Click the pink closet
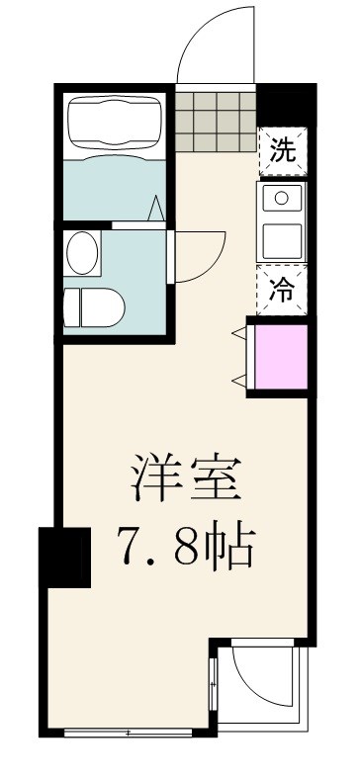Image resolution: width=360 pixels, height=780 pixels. pyautogui.click(x=280, y=356)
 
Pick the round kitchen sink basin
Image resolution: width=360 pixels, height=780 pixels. pyautogui.click(x=281, y=197)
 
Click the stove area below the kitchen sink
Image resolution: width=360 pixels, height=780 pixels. pyautogui.click(x=281, y=236)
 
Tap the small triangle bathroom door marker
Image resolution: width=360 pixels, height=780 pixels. pyautogui.click(x=156, y=211)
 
